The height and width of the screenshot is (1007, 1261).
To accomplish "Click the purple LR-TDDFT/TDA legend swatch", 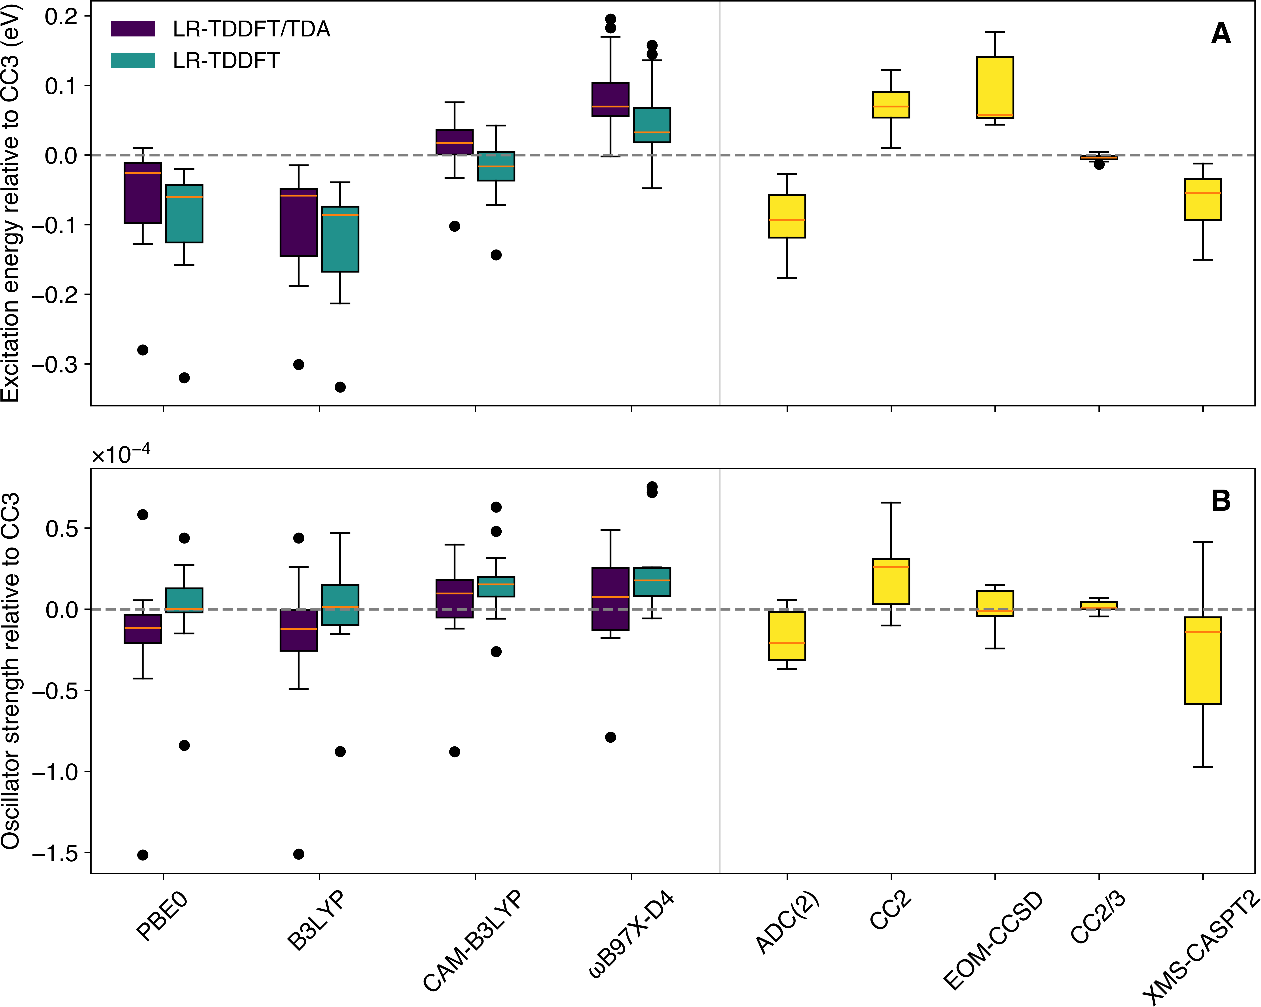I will [133, 29].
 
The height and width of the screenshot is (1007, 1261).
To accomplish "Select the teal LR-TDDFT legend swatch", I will [133, 60].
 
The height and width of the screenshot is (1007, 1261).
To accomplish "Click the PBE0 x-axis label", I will [163, 916].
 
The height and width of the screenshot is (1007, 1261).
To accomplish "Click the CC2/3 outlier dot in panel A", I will [1099, 164].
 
